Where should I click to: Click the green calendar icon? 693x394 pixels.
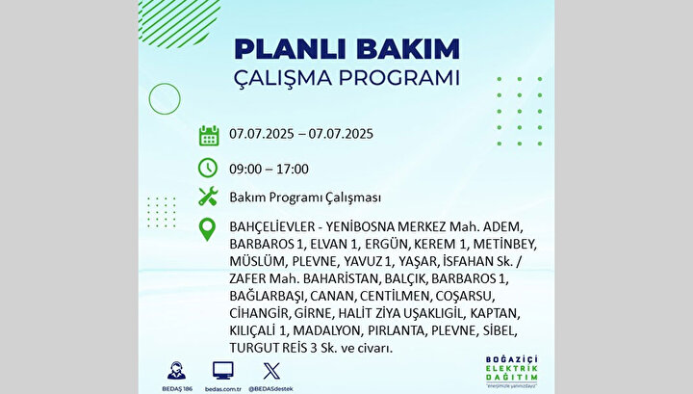[209, 135]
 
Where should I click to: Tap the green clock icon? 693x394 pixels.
[208, 168]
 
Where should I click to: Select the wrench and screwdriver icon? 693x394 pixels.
[208, 197]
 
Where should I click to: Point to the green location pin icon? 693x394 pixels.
[207, 229]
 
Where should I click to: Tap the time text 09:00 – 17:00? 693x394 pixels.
[269, 169]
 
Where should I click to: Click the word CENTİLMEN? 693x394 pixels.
[395, 296]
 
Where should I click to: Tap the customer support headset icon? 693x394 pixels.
[176, 371]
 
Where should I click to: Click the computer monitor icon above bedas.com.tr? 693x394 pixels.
[223, 371]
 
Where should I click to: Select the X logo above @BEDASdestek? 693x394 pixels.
[271, 371]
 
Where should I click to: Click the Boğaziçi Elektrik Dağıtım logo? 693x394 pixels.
[512, 372]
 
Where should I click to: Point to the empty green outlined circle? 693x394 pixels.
[149, 98]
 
